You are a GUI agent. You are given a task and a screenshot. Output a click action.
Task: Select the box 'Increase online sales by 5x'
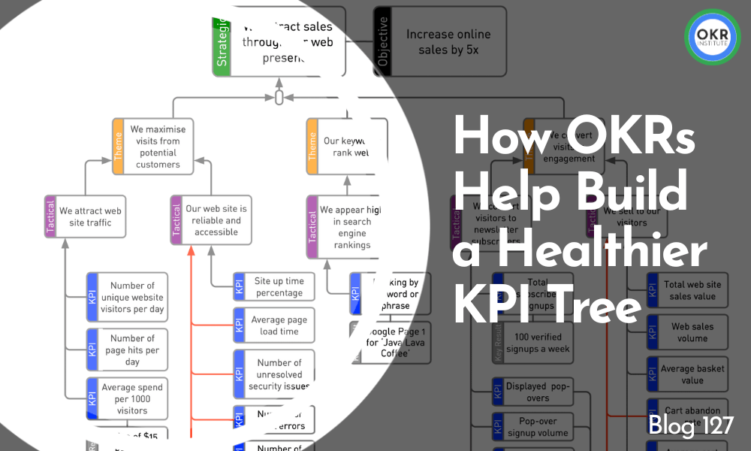tap(448, 42)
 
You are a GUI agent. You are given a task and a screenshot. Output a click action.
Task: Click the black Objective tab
tap(382, 42)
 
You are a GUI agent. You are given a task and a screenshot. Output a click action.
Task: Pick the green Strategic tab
tap(222, 47)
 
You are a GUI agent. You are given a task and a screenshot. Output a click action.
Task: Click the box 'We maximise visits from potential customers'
tap(158, 147)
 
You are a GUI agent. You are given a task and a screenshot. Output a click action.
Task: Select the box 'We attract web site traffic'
tap(91, 217)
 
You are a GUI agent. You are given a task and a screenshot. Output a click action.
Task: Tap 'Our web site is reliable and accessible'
tap(216, 220)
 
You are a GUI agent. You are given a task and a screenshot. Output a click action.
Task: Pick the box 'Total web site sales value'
tap(689, 291)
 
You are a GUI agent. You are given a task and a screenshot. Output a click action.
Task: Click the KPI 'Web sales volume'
tap(689, 332)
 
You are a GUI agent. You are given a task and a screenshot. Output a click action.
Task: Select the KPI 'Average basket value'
tap(689, 374)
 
